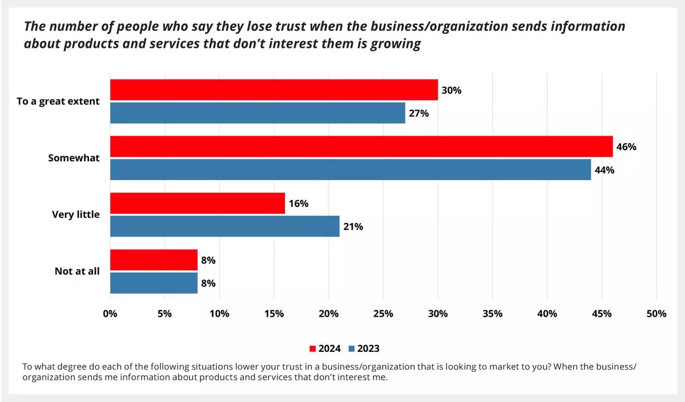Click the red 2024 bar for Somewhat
(361, 147)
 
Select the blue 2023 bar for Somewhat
(350, 169)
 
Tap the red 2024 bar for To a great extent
(273, 90)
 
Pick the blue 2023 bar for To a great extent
(257, 113)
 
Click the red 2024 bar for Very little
(198, 203)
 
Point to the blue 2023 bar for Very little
(224, 226)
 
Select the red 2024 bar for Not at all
(154, 260)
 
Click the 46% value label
(626, 147)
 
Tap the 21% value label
(353, 226)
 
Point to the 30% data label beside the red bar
(452, 90)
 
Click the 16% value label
(298, 204)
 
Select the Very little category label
(76, 215)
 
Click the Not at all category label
(77, 271)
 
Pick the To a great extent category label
(58, 101)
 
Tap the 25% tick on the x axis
(383, 314)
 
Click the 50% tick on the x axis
(656, 314)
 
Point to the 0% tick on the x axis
(110, 314)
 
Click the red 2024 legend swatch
(312, 349)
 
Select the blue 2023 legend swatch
(352, 349)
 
